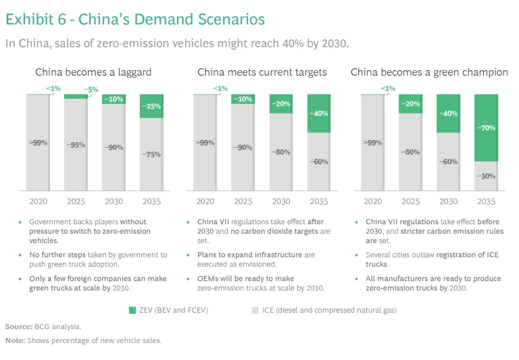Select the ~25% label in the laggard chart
click(x=151, y=106)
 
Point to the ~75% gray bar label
click(x=151, y=155)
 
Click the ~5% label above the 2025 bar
click(x=91, y=89)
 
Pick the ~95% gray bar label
click(x=76, y=145)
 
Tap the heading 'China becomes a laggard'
click(x=93, y=72)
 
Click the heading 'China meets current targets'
click(x=262, y=72)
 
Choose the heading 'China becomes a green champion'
click(x=429, y=72)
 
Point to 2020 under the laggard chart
click(x=38, y=201)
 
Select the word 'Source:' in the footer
click(x=19, y=326)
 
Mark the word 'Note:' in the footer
click(x=16, y=340)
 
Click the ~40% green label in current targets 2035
click(x=318, y=113)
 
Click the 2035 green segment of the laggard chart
click(x=151, y=107)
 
